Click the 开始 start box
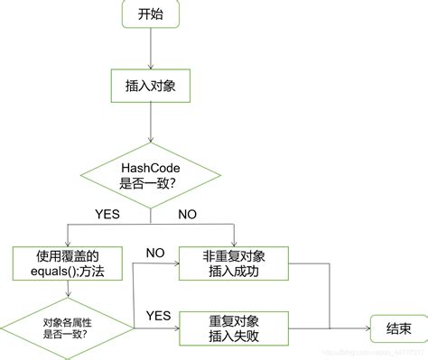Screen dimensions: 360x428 coord(152,15)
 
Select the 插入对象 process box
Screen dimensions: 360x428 coord(151,86)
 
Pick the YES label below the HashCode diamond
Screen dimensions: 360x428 coord(107,215)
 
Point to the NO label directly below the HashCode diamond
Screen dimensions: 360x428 coord(189,215)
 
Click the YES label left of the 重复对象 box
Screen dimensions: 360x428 coord(158,315)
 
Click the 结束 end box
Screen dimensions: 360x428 coord(394,327)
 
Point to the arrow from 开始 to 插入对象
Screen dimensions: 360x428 coord(151,49)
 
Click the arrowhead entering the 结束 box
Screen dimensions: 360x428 coord(366,327)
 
